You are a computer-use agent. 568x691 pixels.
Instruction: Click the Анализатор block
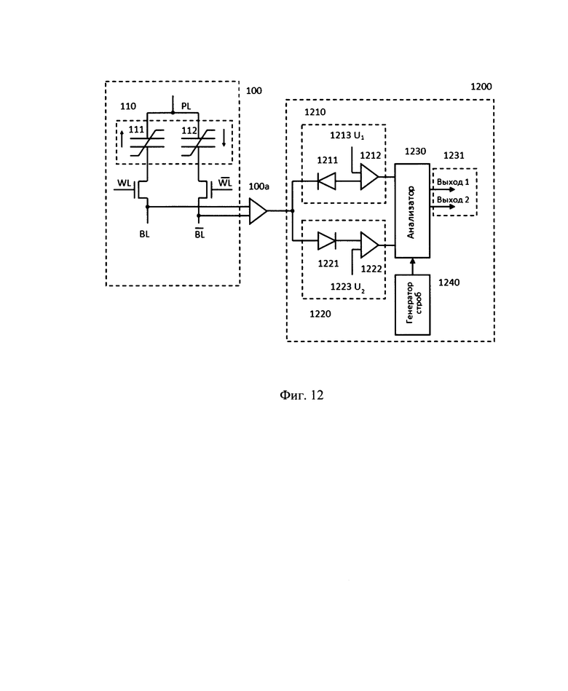tap(413, 211)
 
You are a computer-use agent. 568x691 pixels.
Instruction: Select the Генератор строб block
tap(413, 304)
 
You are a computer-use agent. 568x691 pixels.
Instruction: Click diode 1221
tap(325, 238)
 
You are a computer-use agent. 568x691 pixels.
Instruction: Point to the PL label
tap(186, 106)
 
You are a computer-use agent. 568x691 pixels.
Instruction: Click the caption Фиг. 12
tap(301, 395)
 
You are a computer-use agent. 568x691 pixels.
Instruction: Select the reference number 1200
tap(481, 86)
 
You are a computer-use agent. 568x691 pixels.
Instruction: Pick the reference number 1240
tap(449, 281)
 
